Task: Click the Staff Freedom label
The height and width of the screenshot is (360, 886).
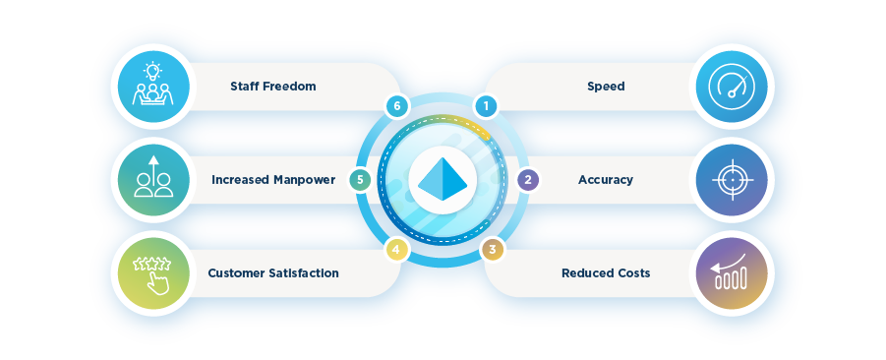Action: [x=272, y=87]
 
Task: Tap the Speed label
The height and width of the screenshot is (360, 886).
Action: [x=606, y=87]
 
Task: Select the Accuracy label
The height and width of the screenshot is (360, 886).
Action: [x=606, y=180]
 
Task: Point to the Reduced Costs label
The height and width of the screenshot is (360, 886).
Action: [x=606, y=272]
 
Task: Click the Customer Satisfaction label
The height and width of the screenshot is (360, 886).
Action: [x=273, y=272]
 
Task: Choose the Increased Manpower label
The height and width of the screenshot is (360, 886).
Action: [x=273, y=180]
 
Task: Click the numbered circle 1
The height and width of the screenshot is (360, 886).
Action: [x=483, y=104]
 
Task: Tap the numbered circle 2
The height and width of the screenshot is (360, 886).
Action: [x=528, y=180]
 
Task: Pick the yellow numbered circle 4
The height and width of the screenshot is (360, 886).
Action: [x=395, y=250]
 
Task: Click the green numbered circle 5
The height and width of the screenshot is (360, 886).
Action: [x=361, y=180]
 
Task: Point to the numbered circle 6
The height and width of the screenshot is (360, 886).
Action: [x=395, y=105]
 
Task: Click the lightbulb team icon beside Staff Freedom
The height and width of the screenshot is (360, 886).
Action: [x=153, y=87]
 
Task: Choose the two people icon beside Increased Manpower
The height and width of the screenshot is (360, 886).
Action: [x=153, y=180]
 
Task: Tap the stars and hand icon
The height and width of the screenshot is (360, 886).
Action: [x=153, y=272]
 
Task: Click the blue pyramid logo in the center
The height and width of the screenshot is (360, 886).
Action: [x=444, y=179]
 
